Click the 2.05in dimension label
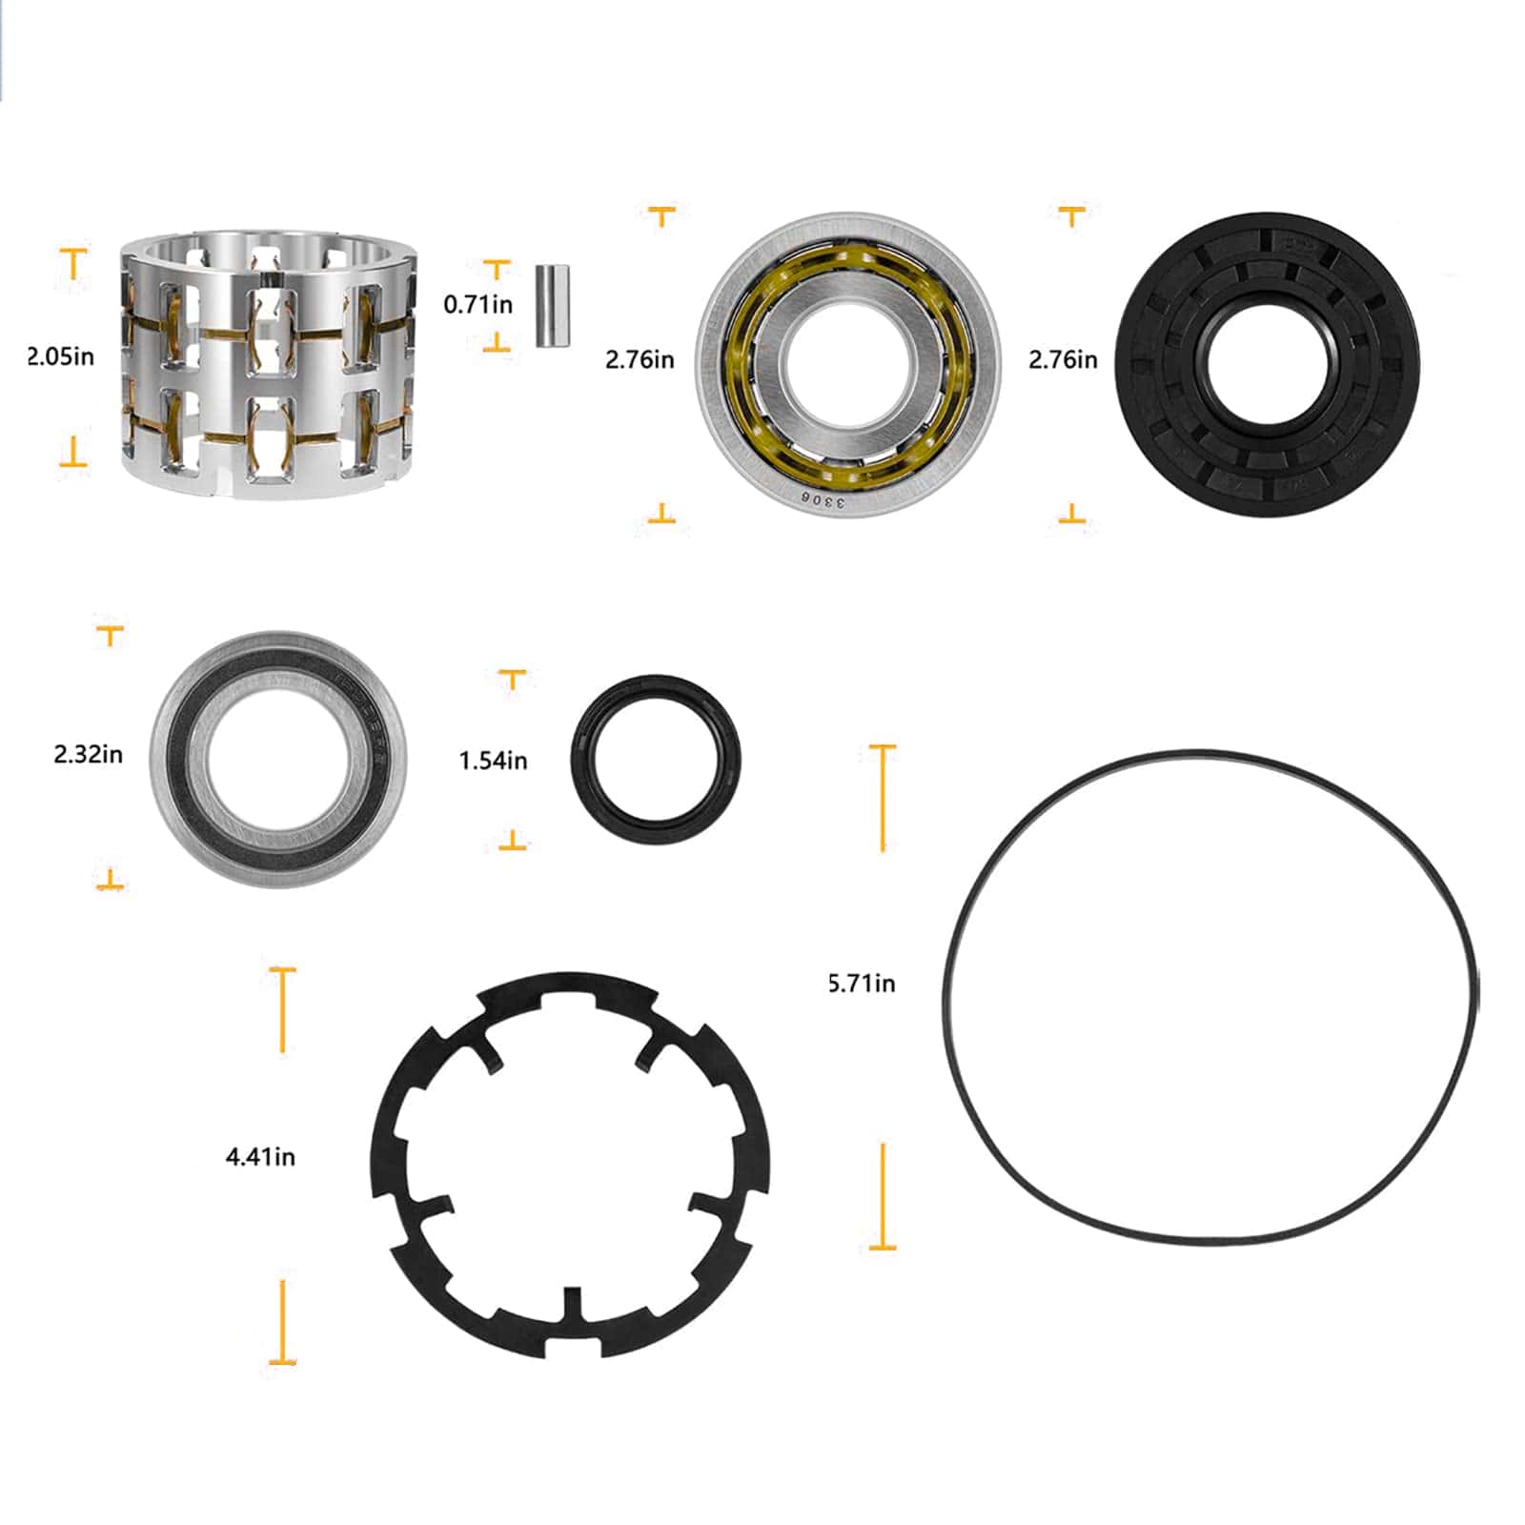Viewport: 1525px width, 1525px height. coord(60,357)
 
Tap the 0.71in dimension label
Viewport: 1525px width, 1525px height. coord(478,305)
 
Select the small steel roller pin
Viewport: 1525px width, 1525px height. coord(552,305)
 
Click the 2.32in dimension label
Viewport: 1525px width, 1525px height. coord(88,755)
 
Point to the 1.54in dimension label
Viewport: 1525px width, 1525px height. coord(493,761)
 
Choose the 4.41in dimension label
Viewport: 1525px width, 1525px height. coord(260,1157)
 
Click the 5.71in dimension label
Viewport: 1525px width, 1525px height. coord(861,984)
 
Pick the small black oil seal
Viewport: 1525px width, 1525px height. coord(655,760)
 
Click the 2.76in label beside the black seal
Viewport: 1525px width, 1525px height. coord(1062,360)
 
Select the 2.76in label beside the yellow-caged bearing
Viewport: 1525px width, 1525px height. coord(639,360)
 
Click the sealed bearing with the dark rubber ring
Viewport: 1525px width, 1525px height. coord(278,758)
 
